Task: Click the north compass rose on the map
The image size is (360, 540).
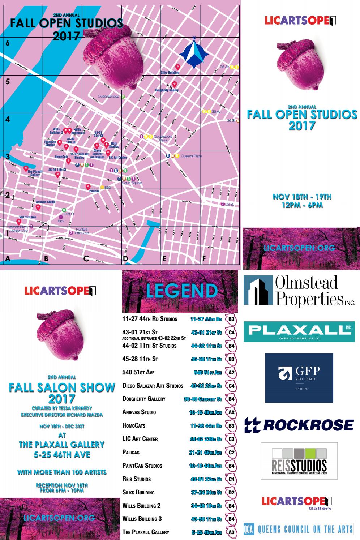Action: pyautogui.click(x=194, y=53)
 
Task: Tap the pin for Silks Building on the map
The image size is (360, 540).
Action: pyautogui.click(x=178, y=67)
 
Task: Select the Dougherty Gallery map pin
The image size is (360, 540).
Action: pyautogui.click(x=175, y=84)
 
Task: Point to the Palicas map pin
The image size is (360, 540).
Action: pyautogui.click(x=88, y=187)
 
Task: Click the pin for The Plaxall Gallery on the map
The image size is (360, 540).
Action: pyautogui.click(x=26, y=168)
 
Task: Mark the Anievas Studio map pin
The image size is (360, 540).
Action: pyautogui.click(x=38, y=207)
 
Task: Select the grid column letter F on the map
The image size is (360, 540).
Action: pyautogui.click(x=204, y=258)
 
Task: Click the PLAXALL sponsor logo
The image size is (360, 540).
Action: pyautogui.click(x=299, y=331)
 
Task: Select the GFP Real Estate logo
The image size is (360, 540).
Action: pyautogui.click(x=299, y=378)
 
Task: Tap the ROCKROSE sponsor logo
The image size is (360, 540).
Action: pyautogui.click(x=299, y=425)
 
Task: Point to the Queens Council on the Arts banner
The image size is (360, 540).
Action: pyautogui.click(x=299, y=529)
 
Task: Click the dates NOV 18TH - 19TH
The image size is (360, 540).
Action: pyautogui.click(x=302, y=197)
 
